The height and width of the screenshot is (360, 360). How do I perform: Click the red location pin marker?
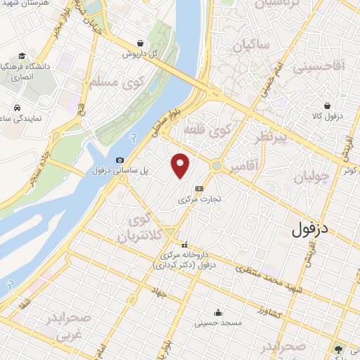[181, 166]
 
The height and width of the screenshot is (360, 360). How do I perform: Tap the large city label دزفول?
[310, 229]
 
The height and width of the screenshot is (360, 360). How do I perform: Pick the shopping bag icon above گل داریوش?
[141, 43]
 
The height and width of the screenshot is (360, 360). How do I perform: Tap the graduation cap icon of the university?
[22, 56]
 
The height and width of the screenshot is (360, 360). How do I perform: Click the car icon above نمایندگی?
[15, 109]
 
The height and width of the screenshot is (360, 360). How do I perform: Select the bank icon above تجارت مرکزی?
[199, 188]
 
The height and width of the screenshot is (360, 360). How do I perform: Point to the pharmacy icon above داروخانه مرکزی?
[185, 245]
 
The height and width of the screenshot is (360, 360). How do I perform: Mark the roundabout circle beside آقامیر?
[217, 167]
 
